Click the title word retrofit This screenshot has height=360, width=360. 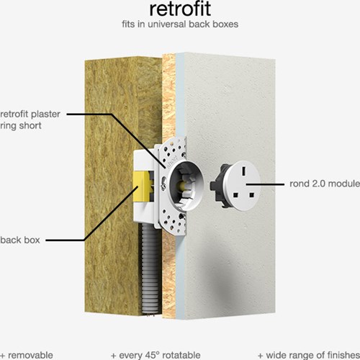click(x=180, y=9)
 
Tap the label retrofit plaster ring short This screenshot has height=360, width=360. click(x=30, y=120)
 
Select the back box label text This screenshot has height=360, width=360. click(x=20, y=240)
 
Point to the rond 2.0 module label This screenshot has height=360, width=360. click(x=325, y=184)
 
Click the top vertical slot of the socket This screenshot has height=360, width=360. click(x=244, y=171)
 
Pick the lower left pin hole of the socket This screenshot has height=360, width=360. click(x=236, y=195)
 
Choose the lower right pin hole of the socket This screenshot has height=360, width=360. click(x=251, y=194)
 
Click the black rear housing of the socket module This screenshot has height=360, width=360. click(x=219, y=186)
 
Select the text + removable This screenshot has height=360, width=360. click(x=27, y=356)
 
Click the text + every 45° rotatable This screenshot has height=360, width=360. click(x=156, y=356)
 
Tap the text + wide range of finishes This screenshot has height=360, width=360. click(x=309, y=356)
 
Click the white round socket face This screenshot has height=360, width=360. click(x=243, y=186)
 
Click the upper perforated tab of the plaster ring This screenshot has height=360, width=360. click(x=174, y=149)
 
